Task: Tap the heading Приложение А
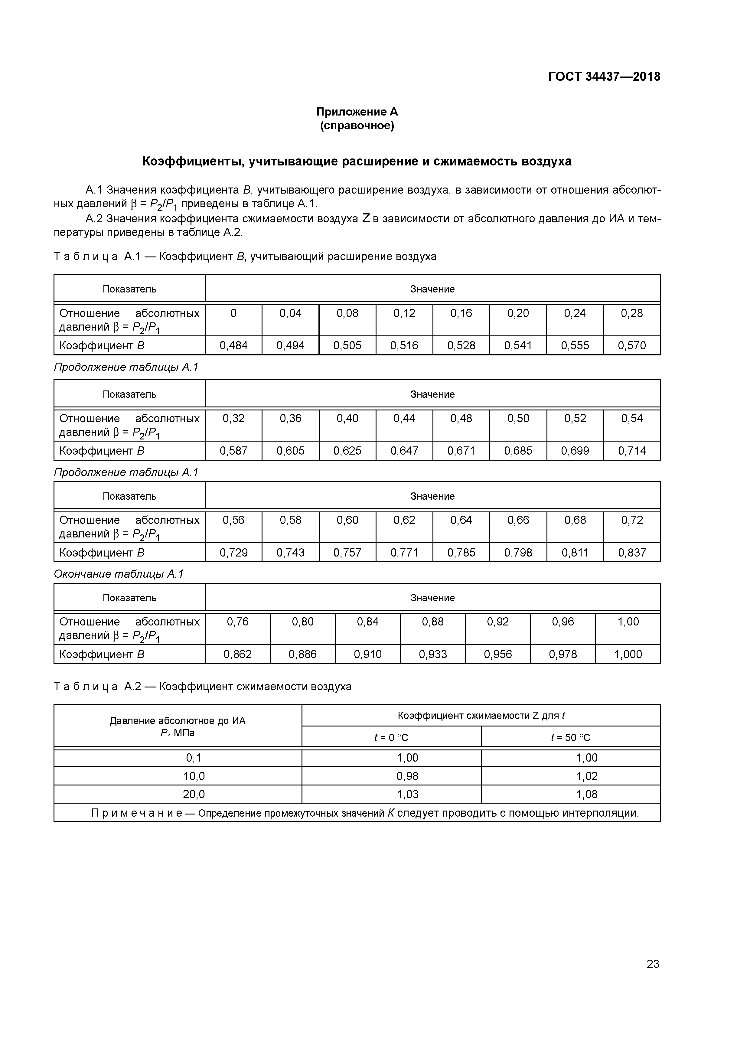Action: [357, 112]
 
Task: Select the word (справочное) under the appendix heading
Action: [357, 126]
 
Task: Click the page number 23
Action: [653, 964]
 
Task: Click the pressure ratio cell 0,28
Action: [632, 313]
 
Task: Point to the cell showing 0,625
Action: [347, 451]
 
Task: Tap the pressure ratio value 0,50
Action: [518, 419]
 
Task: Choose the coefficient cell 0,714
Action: [632, 451]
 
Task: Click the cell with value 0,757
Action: [347, 552]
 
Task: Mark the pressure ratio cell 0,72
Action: [632, 520]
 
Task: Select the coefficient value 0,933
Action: [433, 654]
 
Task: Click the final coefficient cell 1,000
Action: [628, 654]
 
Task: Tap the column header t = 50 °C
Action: [570, 737]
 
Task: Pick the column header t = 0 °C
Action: [391, 737]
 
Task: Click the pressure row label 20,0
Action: [194, 794]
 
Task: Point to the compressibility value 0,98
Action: [407, 776]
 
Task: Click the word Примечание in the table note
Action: [137, 813]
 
